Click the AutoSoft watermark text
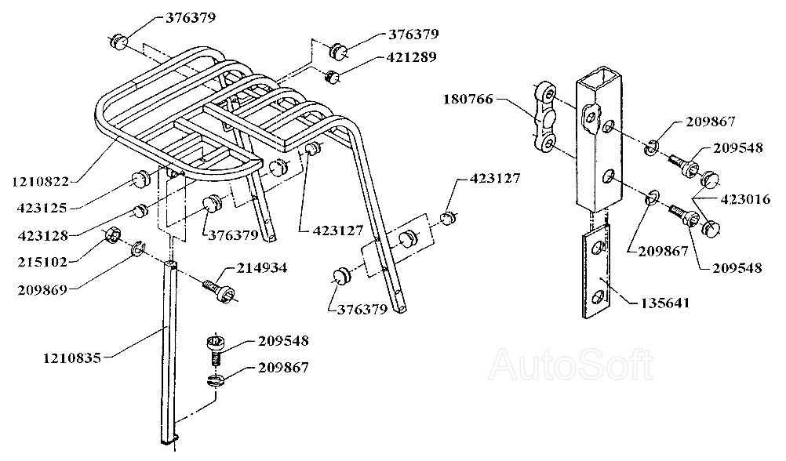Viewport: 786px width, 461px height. point(571,362)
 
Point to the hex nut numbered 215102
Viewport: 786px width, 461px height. point(112,235)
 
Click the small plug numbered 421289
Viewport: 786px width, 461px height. point(333,76)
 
